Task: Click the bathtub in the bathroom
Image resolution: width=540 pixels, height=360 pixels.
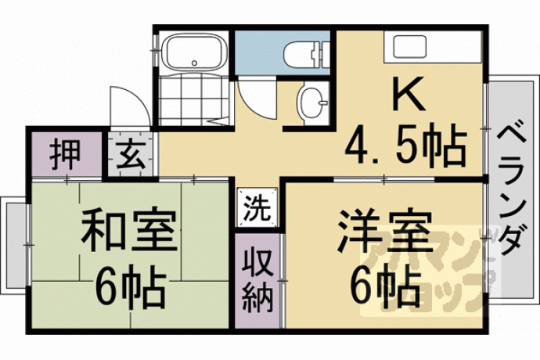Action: (194, 52)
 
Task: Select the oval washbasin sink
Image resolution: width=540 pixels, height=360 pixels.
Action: (311, 103)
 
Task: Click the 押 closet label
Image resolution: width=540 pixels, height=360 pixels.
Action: (65, 154)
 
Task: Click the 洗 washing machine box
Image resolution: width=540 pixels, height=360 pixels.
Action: (257, 207)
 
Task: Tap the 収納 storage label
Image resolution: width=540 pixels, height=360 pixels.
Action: (257, 280)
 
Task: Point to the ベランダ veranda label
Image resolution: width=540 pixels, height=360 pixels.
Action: (512, 190)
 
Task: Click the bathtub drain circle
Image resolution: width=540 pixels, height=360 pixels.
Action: (195, 63)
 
